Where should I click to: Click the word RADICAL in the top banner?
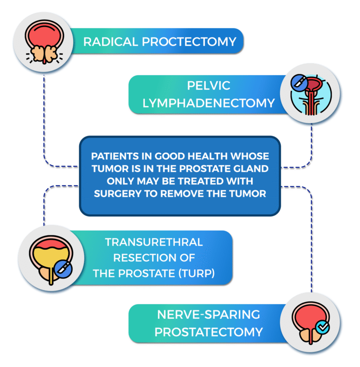point(111,42)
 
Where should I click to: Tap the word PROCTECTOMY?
point(189,42)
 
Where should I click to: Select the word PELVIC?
point(209,86)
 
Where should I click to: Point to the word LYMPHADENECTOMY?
point(209,103)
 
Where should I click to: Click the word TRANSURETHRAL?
point(154,242)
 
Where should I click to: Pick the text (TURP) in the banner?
point(196,273)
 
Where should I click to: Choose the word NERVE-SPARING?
point(209,315)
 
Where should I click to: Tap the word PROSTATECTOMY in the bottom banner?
point(209,332)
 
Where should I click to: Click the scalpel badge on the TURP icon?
point(63,269)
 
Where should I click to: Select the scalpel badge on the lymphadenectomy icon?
point(300,83)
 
